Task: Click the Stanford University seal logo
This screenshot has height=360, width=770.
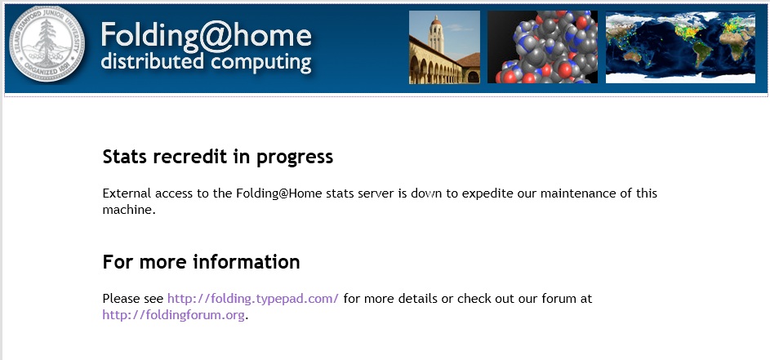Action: click(x=47, y=44)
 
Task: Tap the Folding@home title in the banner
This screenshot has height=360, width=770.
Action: click(x=207, y=35)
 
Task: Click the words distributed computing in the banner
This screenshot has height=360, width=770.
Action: click(x=206, y=62)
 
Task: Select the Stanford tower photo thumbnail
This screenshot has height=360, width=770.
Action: click(x=444, y=47)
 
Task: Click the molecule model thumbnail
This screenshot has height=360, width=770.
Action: click(x=543, y=47)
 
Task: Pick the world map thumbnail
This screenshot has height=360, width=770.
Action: click(x=681, y=47)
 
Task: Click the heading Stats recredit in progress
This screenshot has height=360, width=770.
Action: click(x=218, y=158)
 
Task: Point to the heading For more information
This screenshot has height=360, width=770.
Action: click(x=202, y=262)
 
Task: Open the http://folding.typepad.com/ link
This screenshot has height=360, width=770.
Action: click(x=253, y=299)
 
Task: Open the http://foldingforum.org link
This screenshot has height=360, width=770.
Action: click(x=173, y=315)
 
